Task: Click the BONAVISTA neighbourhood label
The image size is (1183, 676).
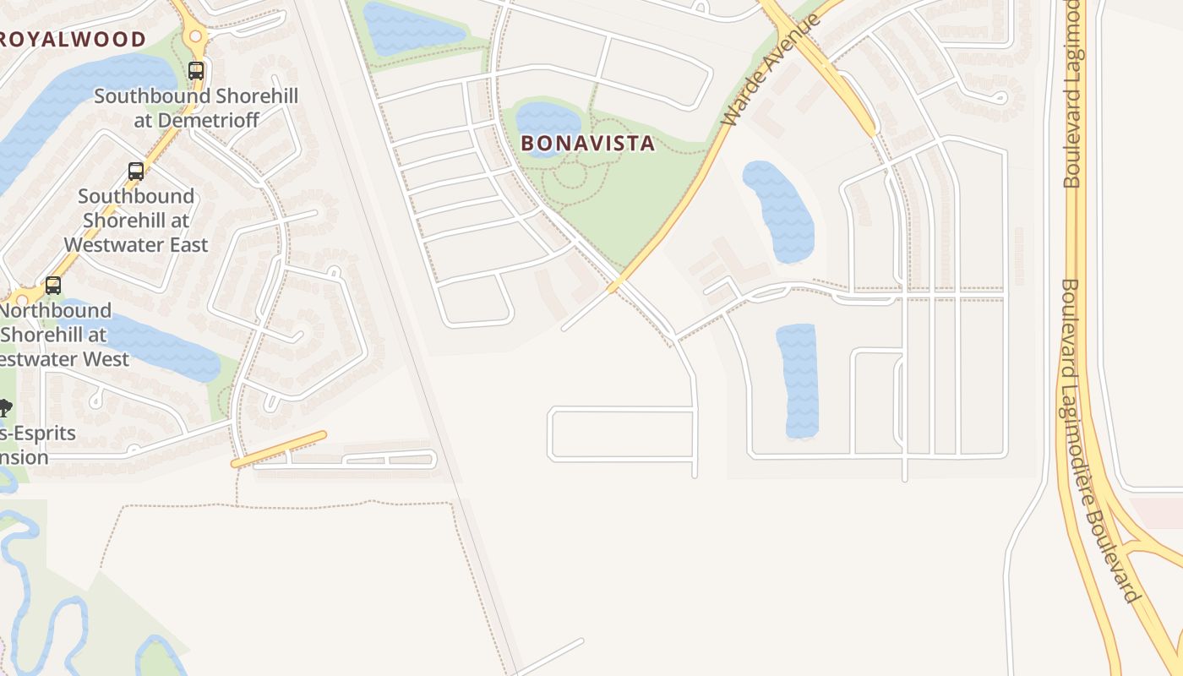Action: pos(587,144)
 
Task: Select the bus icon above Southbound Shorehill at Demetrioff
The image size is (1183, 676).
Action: pos(196,71)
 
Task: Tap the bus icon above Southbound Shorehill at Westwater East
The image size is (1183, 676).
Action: pos(136,172)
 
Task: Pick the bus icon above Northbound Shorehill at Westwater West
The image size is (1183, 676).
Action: pos(53,286)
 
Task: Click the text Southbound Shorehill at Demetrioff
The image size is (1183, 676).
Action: pos(196,107)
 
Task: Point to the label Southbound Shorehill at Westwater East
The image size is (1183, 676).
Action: pos(136,220)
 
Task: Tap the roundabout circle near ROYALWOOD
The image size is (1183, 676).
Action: pos(196,36)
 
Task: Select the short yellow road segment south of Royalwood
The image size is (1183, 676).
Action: pos(279,449)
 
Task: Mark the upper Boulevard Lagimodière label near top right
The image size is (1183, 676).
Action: pos(1071,93)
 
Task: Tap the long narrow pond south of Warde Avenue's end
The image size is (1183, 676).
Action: pos(798,380)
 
